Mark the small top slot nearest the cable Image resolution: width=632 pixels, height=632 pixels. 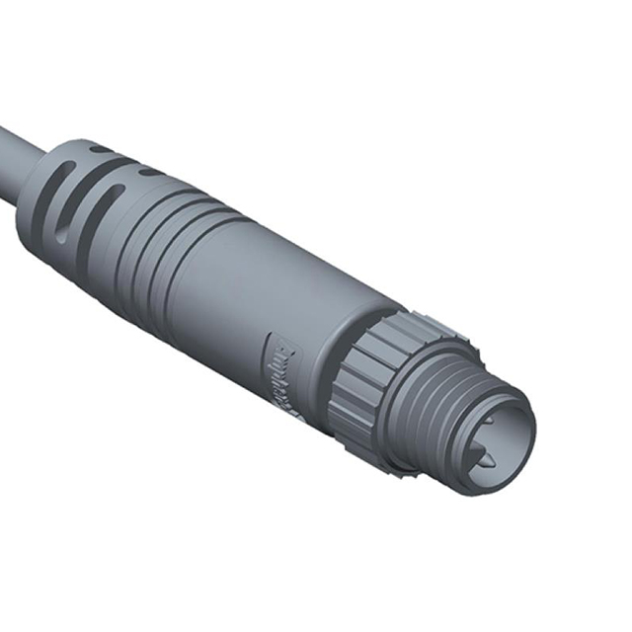click(x=99, y=148)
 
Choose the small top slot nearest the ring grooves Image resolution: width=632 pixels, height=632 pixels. click(x=148, y=170)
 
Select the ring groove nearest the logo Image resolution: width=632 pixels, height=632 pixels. click(x=168, y=267)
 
